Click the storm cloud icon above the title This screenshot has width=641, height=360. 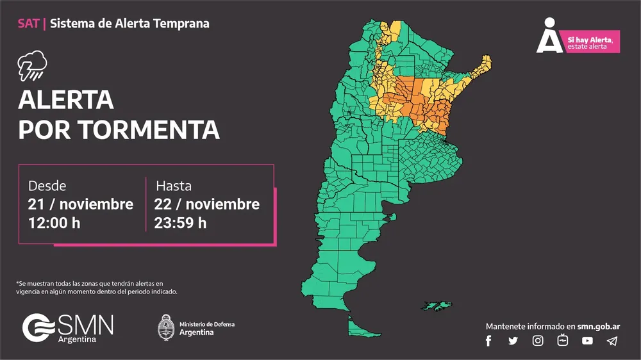tap(31, 65)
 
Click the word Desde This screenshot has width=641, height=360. tap(47, 186)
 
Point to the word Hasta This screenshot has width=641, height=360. tap(174, 186)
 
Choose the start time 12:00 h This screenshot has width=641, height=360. tap(54, 223)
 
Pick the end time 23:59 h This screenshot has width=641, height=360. tap(180, 223)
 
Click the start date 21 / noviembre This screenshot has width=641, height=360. tap(80, 204)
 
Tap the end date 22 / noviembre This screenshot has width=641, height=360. tap(206, 204)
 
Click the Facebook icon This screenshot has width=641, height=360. tap(488, 341)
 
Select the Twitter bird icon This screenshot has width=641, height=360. tap(513, 341)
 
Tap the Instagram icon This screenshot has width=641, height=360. tap(538, 341)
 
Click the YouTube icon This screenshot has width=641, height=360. tap(587, 341)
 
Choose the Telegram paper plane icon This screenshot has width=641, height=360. tap(612, 341)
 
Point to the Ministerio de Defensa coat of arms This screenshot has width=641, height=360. tap(167, 327)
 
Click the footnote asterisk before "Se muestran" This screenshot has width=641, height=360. tap(17, 282)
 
